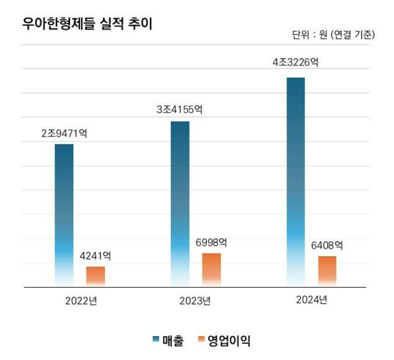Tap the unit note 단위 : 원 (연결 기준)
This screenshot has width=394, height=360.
(334, 35)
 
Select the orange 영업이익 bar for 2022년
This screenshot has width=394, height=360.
(95, 277)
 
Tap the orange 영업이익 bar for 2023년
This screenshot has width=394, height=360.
(211, 270)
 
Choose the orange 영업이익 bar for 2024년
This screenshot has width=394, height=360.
(327, 272)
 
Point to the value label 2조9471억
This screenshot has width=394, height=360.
(64, 133)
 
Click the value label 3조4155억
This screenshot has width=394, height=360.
(180, 110)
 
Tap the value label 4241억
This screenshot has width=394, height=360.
(95, 256)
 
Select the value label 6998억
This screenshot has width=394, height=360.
(211, 243)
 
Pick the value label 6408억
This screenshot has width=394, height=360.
(327, 245)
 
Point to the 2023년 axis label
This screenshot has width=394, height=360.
(195, 301)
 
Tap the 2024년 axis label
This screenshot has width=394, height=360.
(311, 300)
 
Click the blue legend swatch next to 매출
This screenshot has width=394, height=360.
(156, 339)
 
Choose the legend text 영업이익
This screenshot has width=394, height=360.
(229, 341)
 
